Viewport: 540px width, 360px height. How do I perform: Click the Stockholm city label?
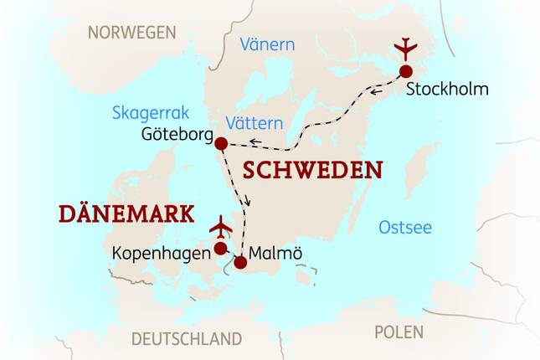coord(446,89)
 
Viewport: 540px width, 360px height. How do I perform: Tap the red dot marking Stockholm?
coord(406,71)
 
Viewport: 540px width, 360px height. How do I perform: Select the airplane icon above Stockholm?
coord(406,48)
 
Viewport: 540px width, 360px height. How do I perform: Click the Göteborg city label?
coord(177,134)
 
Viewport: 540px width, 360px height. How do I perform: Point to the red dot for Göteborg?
coord(221,144)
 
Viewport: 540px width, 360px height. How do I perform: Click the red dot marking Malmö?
coord(240,263)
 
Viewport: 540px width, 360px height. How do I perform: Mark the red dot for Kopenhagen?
coord(220,249)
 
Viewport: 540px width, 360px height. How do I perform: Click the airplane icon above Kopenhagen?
coord(221,227)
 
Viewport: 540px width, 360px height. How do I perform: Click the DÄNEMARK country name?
coord(126,213)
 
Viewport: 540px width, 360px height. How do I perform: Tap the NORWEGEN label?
coord(132,33)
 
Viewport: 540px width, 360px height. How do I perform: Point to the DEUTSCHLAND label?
coord(186,339)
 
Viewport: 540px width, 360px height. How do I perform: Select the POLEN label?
coord(399,332)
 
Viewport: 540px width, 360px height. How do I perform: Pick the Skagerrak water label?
coord(151,113)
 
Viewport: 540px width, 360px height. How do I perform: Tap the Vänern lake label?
coord(267,44)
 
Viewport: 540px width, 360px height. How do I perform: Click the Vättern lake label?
coord(255,123)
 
